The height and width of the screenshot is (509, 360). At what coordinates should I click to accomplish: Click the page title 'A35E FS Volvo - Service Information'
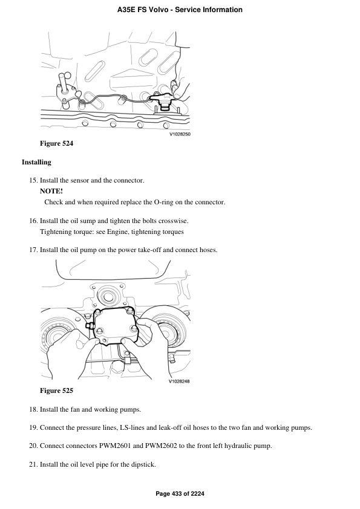180,10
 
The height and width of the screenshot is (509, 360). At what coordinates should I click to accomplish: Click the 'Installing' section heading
36,162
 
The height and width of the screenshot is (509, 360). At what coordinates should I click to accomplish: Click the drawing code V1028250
180,134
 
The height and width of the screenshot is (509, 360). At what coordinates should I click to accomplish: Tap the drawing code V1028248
180,381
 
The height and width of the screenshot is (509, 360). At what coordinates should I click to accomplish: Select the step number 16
33,221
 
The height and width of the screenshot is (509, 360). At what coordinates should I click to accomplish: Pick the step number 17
33,250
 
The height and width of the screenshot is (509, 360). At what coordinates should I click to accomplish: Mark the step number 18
33,409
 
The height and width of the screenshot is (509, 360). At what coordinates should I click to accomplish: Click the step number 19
33,427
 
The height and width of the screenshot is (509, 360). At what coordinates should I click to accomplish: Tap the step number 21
33,464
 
